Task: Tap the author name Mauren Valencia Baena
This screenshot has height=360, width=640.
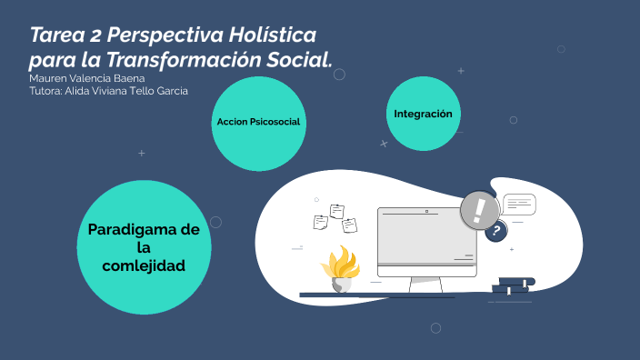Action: tap(87, 78)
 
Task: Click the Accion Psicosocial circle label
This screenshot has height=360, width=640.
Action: tap(258, 122)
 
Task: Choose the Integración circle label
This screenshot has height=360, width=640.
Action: tap(423, 114)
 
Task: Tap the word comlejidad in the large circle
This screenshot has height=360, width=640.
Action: tap(144, 265)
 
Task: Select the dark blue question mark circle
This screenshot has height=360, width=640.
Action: tap(495, 232)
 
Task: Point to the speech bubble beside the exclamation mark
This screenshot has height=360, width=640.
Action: tap(519, 204)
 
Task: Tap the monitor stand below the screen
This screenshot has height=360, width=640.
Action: tap(426, 285)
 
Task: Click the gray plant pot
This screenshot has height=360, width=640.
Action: tap(342, 284)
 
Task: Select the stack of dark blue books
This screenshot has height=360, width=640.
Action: tap(513, 286)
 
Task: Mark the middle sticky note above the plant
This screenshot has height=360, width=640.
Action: tap(337, 211)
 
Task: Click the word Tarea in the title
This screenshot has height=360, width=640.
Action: tap(64, 35)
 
